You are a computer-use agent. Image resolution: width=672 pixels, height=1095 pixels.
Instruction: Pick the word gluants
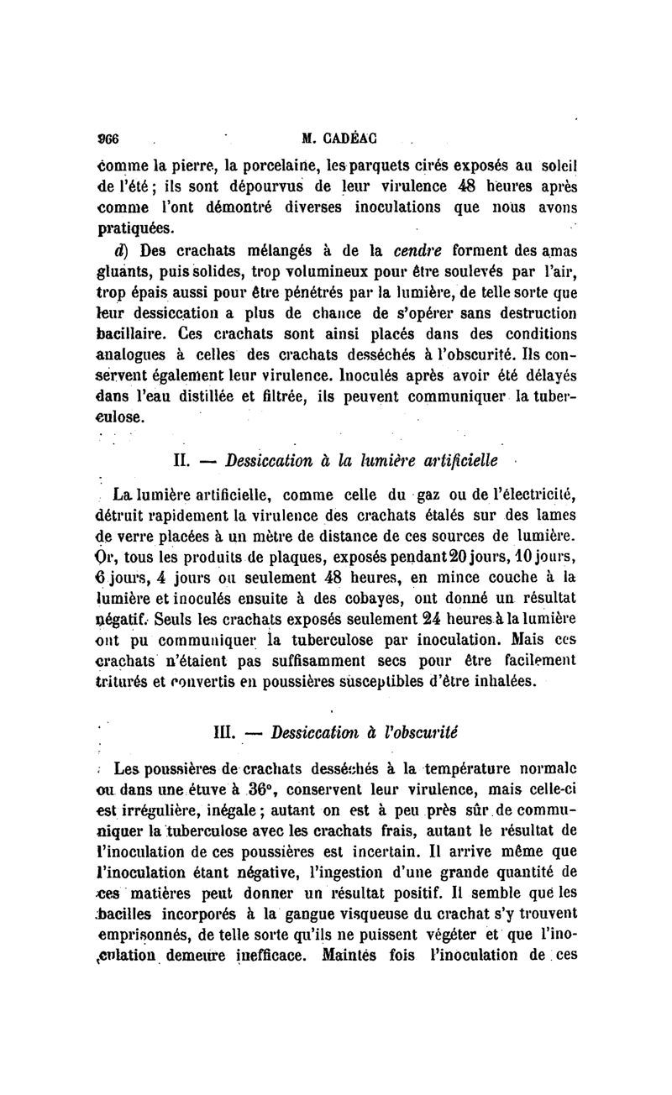[x=120, y=272]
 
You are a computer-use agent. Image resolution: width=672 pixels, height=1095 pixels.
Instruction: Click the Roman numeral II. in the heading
[x=185, y=460]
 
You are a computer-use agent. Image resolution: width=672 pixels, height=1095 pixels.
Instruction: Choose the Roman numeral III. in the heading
[x=229, y=731]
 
